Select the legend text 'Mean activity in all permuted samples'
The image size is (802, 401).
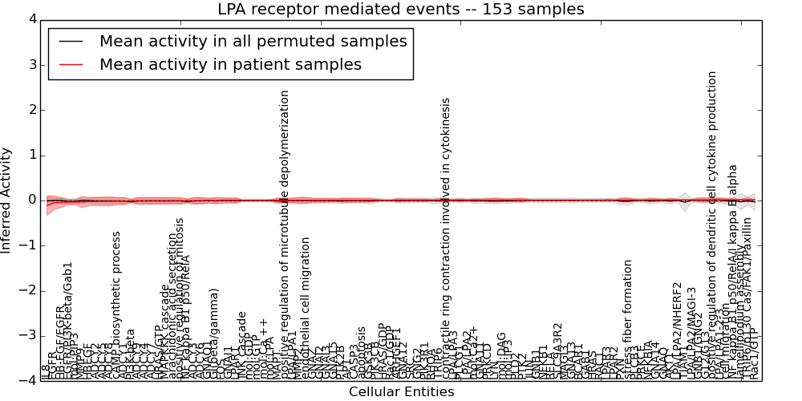pyautogui.click(x=253, y=42)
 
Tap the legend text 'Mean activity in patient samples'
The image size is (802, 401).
pyautogui.click(x=230, y=64)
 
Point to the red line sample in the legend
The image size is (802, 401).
pyautogui.click(x=71, y=64)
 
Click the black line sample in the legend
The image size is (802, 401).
pyautogui.click(x=71, y=42)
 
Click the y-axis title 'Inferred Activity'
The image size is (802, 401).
pyautogui.click(x=7, y=200)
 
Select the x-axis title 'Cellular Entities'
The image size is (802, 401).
pyautogui.click(x=401, y=392)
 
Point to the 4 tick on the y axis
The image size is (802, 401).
pyautogui.click(x=31, y=19)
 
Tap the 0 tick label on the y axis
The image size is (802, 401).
pyautogui.click(x=31, y=200)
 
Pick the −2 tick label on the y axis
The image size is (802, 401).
pyautogui.click(x=28, y=290)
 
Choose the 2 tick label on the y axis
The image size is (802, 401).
pyautogui.click(x=31, y=110)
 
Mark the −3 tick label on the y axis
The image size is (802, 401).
pyautogui.click(x=28, y=335)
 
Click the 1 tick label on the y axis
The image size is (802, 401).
pyautogui.click(x=31, y=155)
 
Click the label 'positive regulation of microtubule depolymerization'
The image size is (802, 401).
pyautogui.click(x=285, y=233)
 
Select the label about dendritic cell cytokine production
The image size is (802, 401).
pyautogui.click(x=712, y=225)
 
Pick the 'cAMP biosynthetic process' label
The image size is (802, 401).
pyautogui.click(x=116, y=305)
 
